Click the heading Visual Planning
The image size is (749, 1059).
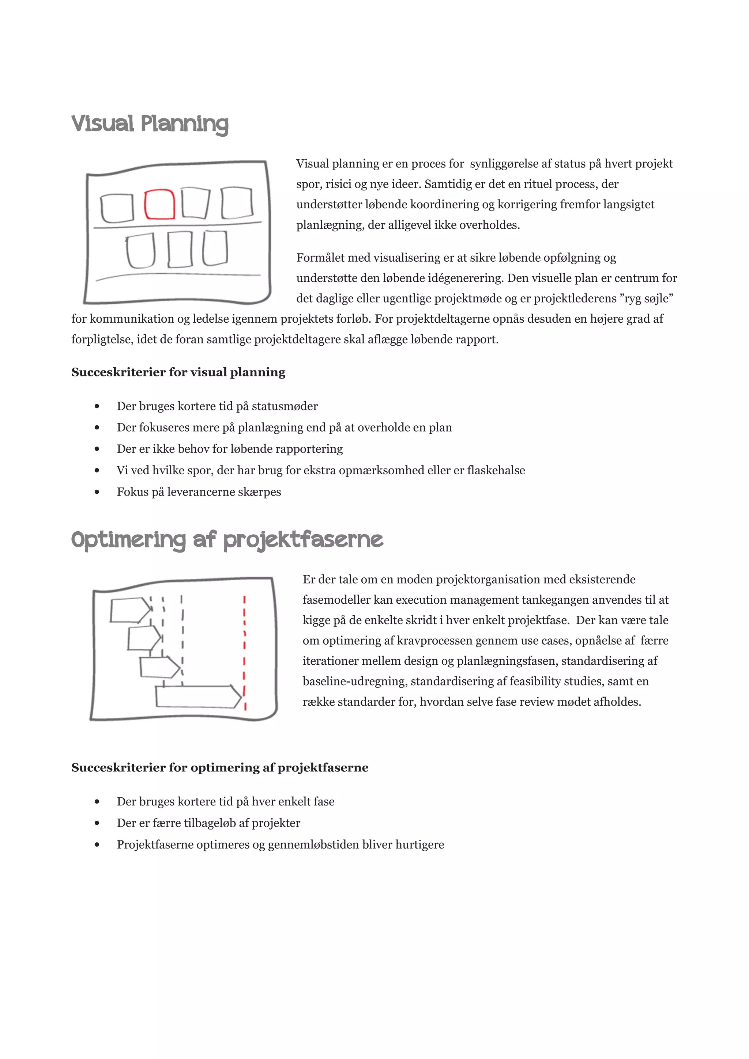click(x=150, y=124)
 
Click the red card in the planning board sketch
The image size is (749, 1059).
click(x=159, y=204)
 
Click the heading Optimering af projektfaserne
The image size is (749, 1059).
click(x=227, y=540)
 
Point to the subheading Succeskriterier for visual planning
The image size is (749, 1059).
click(x=178, y=372)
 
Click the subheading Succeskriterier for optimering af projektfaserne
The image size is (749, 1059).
click(x=220, y=767)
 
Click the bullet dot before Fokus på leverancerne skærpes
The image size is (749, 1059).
click(x=97, y=492)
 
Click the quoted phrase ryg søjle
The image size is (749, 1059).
click(x=646, y=299)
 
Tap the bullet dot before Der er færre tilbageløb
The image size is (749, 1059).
click(x=97, y=823)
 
